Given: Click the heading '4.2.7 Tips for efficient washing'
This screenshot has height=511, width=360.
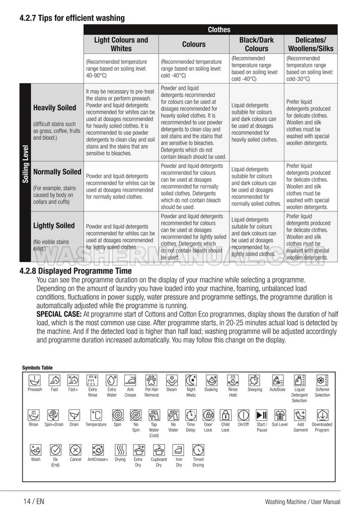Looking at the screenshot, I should (x=72, y=18).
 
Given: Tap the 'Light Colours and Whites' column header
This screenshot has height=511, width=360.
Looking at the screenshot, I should (x=121, y=44).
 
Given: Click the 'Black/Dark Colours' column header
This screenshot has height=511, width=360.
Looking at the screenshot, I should (x=257, y=44).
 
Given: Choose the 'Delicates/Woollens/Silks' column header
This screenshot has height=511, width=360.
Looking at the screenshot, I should (x=310, y=44).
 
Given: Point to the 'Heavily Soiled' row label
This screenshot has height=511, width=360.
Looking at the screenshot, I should (x=55, y=108).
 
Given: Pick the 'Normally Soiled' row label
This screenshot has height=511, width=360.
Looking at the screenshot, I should (x=57, y=172).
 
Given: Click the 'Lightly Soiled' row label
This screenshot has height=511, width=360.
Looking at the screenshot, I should (x=54, y=225).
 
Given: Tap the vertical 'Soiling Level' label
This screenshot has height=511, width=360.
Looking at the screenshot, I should (x=26, y=165).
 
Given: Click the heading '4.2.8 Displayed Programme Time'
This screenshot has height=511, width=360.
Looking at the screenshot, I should (x=75, y=271).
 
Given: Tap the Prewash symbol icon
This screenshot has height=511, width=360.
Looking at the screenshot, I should (x=35, y=380).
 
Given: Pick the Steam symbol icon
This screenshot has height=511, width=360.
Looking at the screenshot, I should (x=172, y=380).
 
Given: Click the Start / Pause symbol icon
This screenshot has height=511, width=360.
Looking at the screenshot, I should (x=261, y=415).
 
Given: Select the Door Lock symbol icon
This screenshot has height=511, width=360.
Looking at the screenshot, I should (x=208, y=415).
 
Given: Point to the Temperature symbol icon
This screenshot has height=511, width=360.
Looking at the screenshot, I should (x=96, y=415).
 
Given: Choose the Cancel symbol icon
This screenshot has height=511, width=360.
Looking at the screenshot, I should (x=75, y=450).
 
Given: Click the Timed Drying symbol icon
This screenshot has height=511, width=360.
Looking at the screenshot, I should (x=198, y=450).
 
